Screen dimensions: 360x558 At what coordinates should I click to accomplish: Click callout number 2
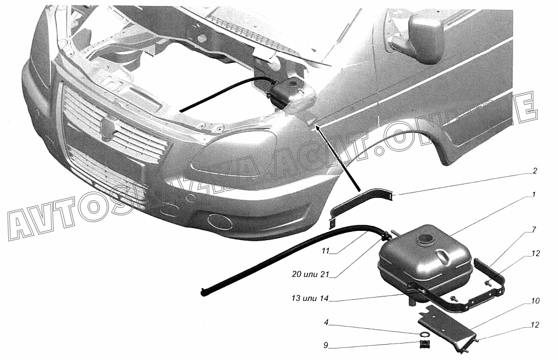click(x=534, y=171)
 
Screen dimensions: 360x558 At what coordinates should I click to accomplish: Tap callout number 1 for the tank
click(x=534, y=194)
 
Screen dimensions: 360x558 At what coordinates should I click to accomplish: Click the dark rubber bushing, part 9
click(x=423, y=345)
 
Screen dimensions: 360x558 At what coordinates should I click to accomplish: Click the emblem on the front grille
click(x=107, y=126)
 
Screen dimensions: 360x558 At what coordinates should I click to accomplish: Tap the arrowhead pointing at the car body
click(x=318, y=127)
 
